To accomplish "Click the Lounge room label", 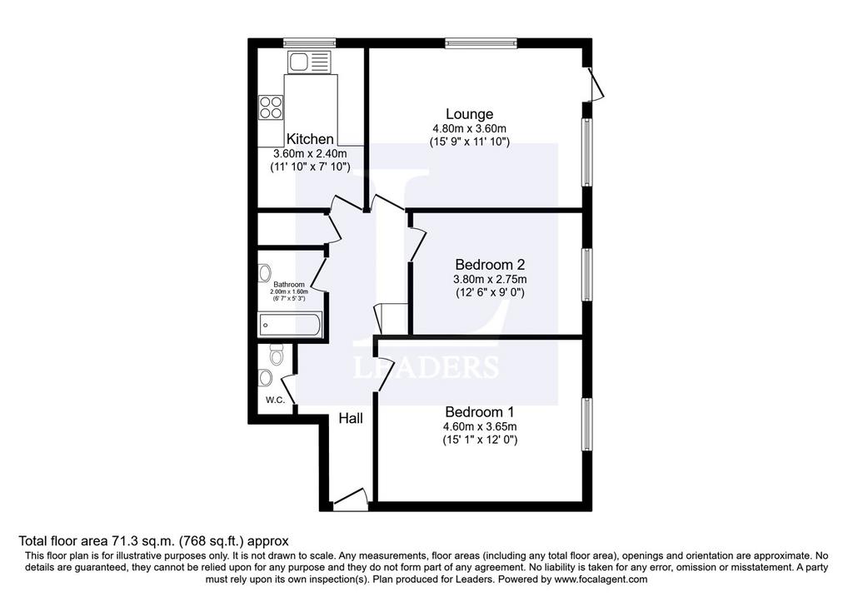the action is pyautogui.click(x=470, y=114).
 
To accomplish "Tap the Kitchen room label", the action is pyautogui.click(x=310, y=139).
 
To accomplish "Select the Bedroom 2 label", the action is pyautogui.click(x=490, y=265).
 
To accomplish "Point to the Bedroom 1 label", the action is pyautogui.click(x=479, y=411).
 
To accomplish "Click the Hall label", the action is pyautogui.click(x=351, y=418).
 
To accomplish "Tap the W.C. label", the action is pyautogui.click(x=275, y=400).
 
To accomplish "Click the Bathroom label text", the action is pyautogui.click(x=289, y=285).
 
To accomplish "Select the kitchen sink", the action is pyautogui.click(x=309, y=62).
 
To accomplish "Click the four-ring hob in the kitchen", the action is pyautogui.click(x=271, y=107).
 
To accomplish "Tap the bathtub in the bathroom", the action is pyautogui.click(x=291, y=325).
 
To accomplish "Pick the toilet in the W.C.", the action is pyautogui.click(x=277, y=356).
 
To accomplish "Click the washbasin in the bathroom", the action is pyautogui.click(x=265, y=272).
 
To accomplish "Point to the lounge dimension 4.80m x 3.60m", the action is pyautogui.click(x=470, y=129).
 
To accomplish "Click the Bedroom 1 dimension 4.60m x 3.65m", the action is pyautogui.click(x=480, y=426).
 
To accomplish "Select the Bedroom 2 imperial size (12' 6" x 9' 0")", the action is pyautogui.click(x=490, y=292).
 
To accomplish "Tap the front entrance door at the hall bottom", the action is pyautogui.click(x=351, y=499).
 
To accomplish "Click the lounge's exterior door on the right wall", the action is pyautogui.click(x=595, y=83).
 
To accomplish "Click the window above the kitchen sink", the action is pyautogui.click(x=310, y=43).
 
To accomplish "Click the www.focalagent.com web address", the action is pyautogui.click(x=601, y=579).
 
